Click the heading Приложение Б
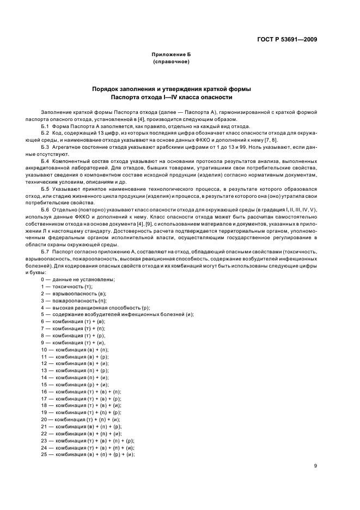(172, 55)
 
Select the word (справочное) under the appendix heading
(172, 62)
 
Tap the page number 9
(316, 466)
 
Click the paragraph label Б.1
(46, 126)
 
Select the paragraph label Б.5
(46, 187)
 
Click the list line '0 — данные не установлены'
(77, 280)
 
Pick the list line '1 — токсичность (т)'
(66, 286)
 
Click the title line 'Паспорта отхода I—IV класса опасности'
(172, 98)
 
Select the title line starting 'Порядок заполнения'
(172, 89)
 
